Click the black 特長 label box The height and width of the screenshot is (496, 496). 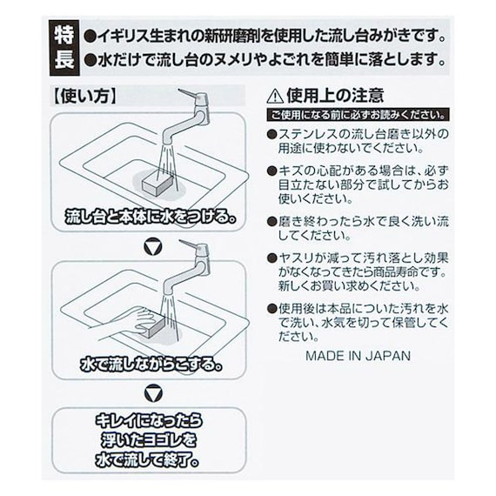64,48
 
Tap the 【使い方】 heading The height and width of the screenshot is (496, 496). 84,96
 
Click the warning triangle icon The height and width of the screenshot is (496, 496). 275,96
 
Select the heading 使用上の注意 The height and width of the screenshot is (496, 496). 335,96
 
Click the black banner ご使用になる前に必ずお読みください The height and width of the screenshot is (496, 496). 358,115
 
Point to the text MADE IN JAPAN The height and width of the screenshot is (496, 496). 359,356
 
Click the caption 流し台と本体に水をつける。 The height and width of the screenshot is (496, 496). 151,217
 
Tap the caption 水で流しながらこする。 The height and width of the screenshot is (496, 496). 151,365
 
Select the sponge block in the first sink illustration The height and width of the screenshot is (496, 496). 158,184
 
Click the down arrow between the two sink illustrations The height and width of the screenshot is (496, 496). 153,247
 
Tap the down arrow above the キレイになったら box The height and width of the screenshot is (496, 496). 153,394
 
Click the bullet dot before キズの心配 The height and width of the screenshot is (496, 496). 271,171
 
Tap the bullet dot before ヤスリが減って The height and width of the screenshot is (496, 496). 271,258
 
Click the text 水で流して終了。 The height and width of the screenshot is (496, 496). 147,460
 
